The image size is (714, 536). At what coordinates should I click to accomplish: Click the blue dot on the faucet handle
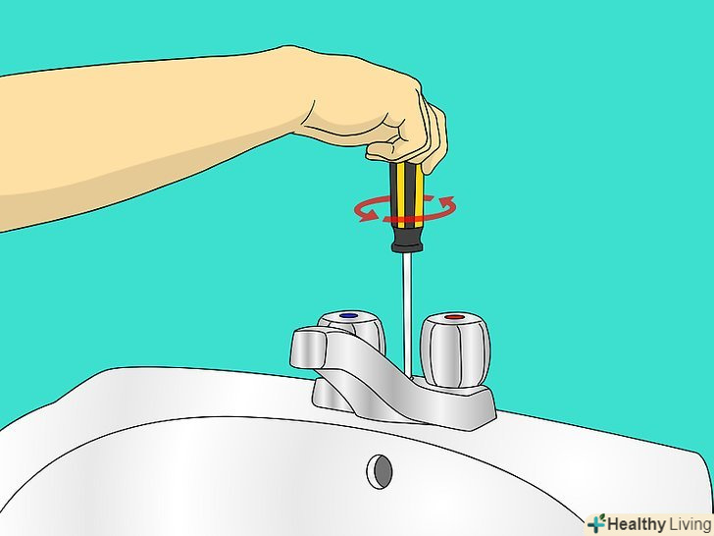click(349, 315)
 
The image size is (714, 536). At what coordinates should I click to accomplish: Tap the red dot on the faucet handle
click(454, 317)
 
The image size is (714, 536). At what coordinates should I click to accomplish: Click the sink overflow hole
click(380, 472)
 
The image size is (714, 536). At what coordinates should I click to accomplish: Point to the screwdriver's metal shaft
click(407, 315)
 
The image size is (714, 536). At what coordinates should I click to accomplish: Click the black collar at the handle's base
click(407, 240)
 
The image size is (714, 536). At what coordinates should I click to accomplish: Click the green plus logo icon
click(596, 523)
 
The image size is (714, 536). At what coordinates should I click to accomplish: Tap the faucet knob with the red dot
click(455, 350)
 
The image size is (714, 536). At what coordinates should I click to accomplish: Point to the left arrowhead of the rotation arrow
click(367, 215)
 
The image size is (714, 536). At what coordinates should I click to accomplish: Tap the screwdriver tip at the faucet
click(408, 377)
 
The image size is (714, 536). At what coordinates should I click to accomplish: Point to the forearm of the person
click(136, 136)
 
